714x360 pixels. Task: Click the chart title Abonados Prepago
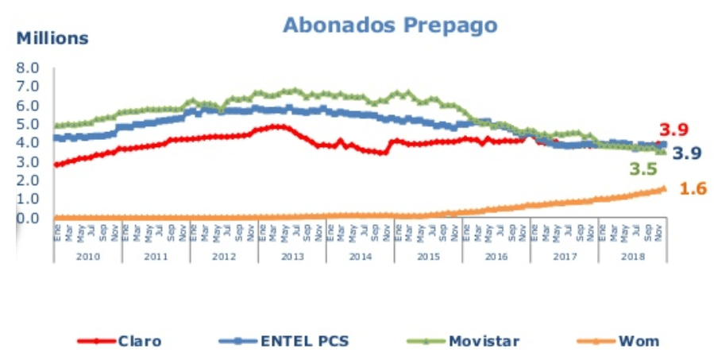(390, 25)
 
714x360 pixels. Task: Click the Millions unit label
(53, 37)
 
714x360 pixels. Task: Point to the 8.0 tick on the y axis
(28, 68)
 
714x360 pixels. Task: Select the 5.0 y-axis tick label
(28, 124)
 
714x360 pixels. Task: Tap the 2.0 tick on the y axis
(28, 180)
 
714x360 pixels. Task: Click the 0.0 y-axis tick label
(28, 217)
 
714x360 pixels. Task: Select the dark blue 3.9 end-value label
(687, 153)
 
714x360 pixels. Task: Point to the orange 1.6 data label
(693, 188)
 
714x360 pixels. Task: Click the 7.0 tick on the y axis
(28, 87)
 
